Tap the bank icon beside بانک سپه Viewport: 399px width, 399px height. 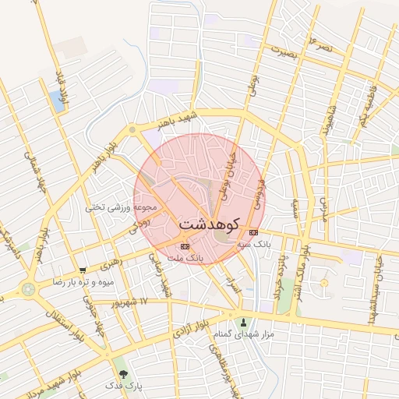(x=253, y=232)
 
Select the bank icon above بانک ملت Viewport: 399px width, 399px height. (x=185, y=246)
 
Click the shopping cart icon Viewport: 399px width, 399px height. (x=83, y=270)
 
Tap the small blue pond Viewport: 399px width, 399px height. (x=57, y=100)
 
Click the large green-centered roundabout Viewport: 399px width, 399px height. (x=29, y=288)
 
